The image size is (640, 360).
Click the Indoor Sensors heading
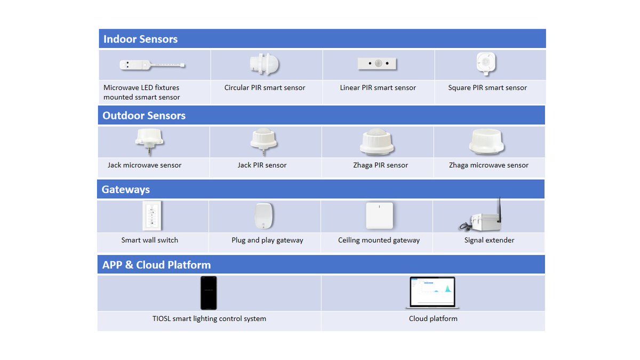[x=140, y=39]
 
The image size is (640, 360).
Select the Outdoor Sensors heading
[x=144, y=116]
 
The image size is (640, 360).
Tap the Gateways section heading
[x=126, y=189]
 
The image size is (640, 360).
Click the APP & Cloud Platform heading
[x=156, y=265]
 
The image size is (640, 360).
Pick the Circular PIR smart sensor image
[x=265, y=65]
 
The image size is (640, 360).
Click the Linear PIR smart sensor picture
[x=378, y=63]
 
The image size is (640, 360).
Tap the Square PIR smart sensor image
[x=486, y=63]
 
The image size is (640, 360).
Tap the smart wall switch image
[x=152, y=215]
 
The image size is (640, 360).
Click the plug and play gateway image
[x=264, y=215]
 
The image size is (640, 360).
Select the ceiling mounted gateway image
[x=379, y=215]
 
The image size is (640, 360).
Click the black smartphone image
[x=209, y=293]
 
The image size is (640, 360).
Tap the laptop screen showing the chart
[x=432, y=291]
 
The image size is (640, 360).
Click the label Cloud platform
[x=433, y=319]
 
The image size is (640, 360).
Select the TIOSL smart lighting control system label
[x=209, y=319]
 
